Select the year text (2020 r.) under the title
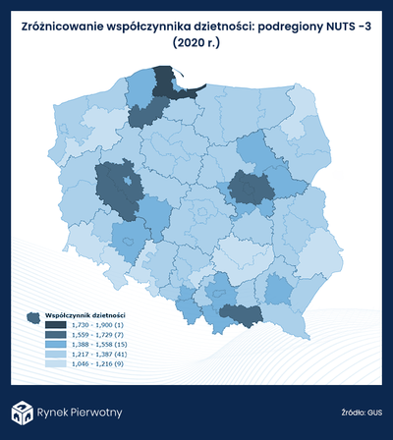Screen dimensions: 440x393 [x=196, y=44]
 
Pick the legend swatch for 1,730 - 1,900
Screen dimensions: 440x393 [x=56, y=325]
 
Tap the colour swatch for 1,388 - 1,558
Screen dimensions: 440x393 [x=56, y=345]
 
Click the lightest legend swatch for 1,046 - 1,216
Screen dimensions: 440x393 [x=56, y=364]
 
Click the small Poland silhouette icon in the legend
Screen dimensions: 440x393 [x=34, y=317]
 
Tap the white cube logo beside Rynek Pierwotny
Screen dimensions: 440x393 [x=22, y=412]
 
